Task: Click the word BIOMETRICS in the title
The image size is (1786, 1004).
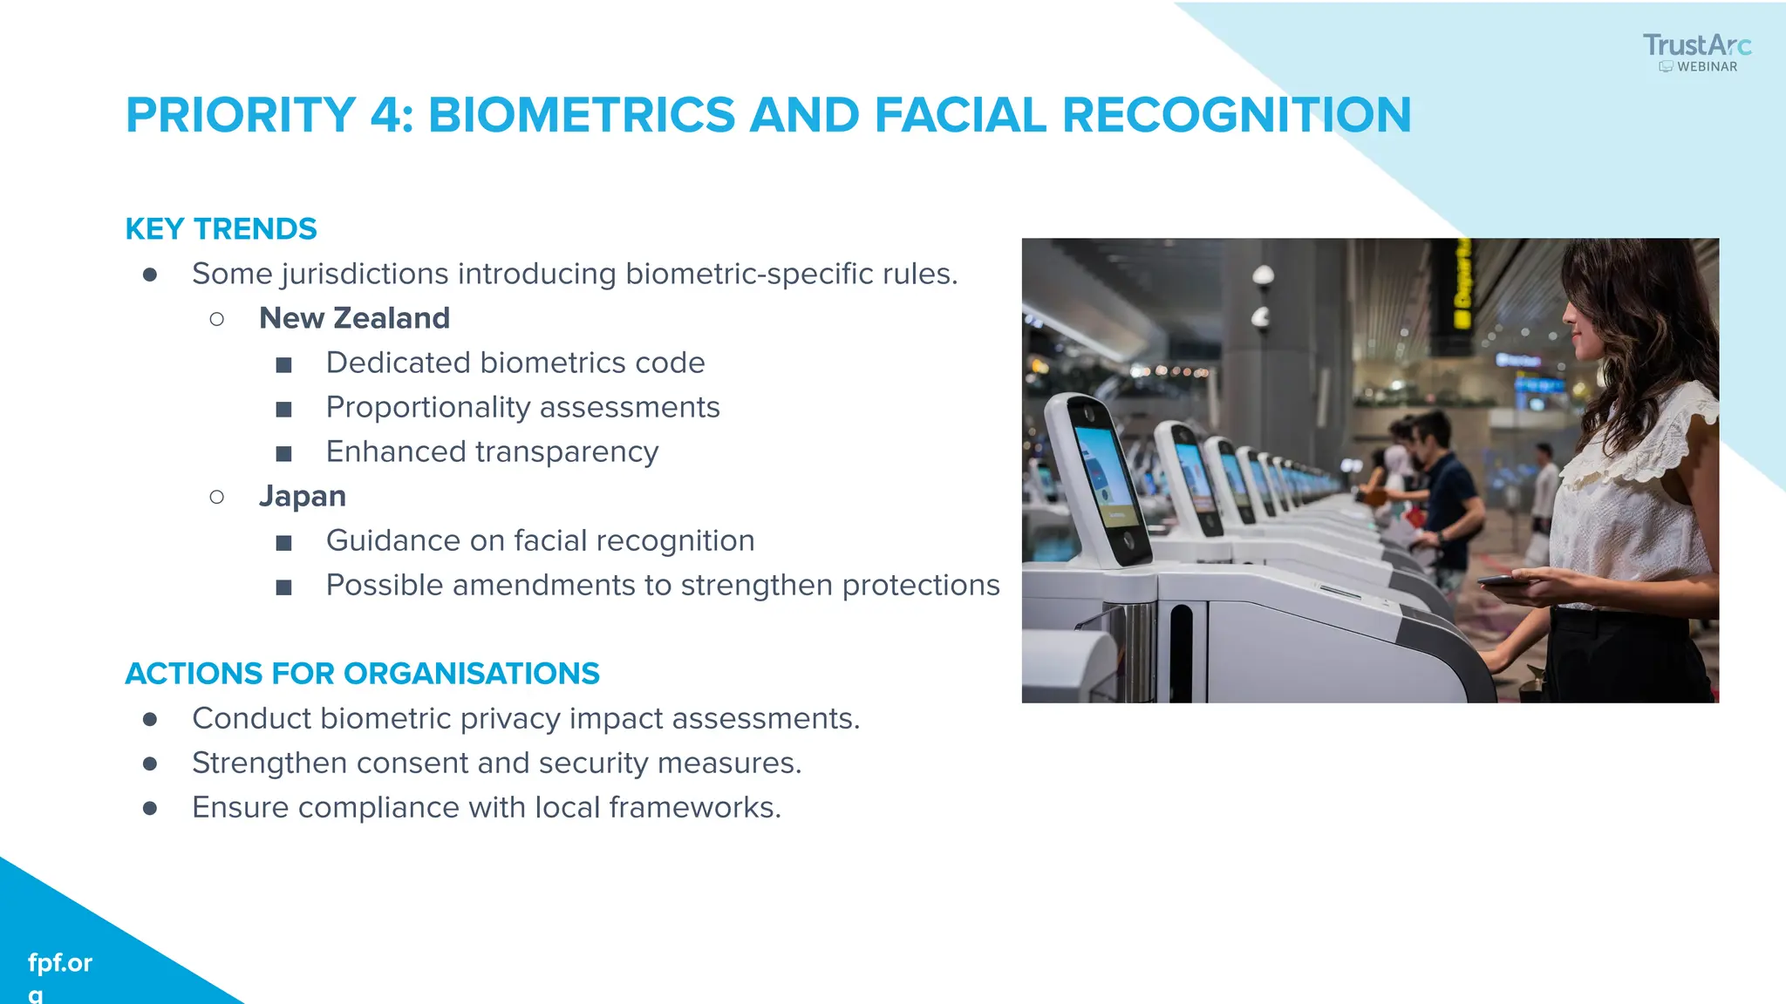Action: [x=582, y=115]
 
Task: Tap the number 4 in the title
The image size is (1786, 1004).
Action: [x=385, y=115]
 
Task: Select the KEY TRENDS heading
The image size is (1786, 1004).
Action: [x=221, y=228]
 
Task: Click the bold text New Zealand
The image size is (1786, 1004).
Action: [x=354, y=318]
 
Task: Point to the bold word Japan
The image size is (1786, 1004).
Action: [x=302, y=496]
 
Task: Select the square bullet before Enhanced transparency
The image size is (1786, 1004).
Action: [x=283, y=453]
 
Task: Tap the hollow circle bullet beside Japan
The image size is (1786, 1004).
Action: [x=217, y=497]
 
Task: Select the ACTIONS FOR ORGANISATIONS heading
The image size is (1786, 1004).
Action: [x=362, y=673]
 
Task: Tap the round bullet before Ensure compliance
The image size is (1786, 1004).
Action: [x=150, y=808]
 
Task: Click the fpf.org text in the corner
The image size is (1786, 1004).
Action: [x=59, y=963]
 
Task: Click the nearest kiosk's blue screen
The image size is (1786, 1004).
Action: [x=1104, y=475]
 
